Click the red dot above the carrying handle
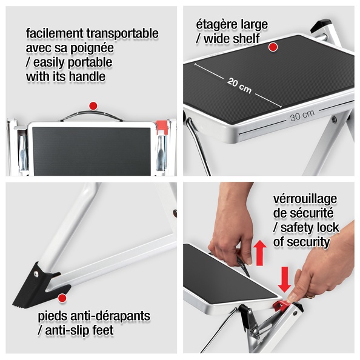93,106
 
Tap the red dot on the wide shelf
273,47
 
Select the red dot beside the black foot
62,298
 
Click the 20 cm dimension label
239,85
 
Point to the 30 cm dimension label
302,116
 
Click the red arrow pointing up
259,253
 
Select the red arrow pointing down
285,279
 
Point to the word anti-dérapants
110,316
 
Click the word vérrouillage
305,199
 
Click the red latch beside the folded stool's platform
161,127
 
